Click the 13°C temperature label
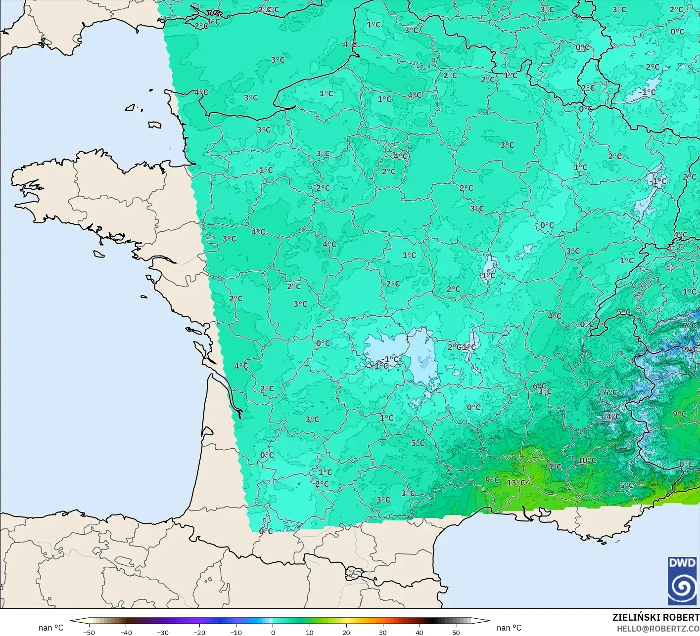tap(515, 482)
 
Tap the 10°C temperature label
tap(587, 460)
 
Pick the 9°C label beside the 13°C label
tap(492, 480)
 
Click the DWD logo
tap(682, 581)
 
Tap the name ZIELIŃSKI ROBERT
tap(655, 617)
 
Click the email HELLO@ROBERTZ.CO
tap(658, 628)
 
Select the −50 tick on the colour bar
tap(89, 632)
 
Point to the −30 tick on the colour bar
tap(162, 632)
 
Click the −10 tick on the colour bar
tap(236, 632)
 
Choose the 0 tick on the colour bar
tap(273, 632)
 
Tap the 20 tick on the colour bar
tap(346, 632)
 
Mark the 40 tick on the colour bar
tap(420, 632)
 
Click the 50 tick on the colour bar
tap(456, 632)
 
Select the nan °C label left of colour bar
tap(51, 628)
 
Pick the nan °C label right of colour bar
tap(509, 628)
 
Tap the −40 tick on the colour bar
tap(126, 632)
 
